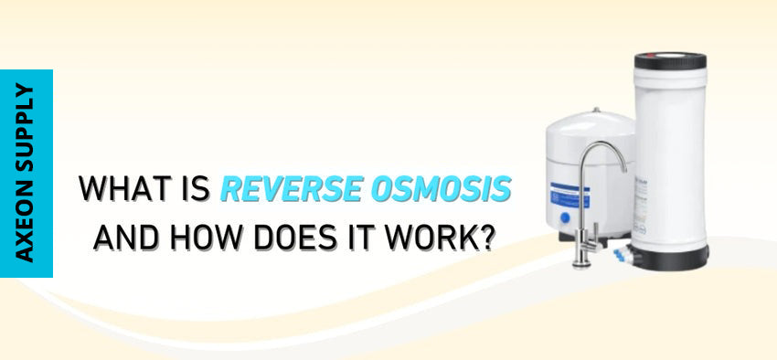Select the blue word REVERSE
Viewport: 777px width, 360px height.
coord(291,187)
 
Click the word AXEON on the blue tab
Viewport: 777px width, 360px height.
coord(25,221)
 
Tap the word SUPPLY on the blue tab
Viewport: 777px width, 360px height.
coord(25,126)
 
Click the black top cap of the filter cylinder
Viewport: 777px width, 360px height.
coord(670,61)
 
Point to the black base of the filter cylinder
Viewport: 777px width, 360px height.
coord(670,259)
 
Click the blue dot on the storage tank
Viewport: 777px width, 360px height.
coord(565,217)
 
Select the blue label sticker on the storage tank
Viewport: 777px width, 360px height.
coord(570,196)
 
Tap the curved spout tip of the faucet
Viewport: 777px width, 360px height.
coord(623,168)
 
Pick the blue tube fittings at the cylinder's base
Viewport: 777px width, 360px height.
coord(621,256)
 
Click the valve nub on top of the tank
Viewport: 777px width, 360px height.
coord(596,110)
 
